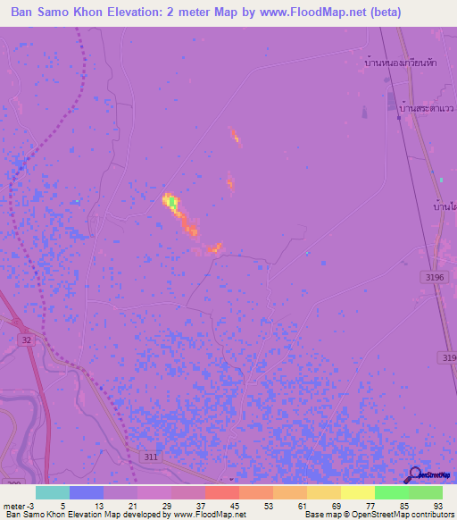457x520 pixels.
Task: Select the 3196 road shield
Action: (434, 278)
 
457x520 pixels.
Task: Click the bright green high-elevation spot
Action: (172, 204)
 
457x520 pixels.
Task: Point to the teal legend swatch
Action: (53, 492)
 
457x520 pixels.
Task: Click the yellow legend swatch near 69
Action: (323, 492)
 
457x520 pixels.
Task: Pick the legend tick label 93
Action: (436, 505)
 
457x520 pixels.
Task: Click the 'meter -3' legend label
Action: (18, 505)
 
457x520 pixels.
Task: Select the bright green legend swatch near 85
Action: (392, 492)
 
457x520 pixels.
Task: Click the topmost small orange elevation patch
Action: (235, 136)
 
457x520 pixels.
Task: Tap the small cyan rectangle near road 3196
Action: (440, 180)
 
